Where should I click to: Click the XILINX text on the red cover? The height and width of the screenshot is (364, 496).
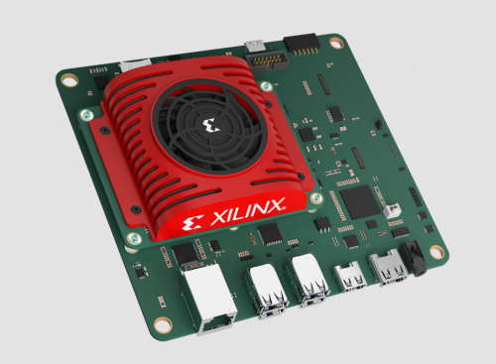click(247, 209)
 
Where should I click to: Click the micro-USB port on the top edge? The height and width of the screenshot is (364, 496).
click(257, 45)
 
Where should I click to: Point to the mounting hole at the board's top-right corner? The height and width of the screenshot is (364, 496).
click(337, 43)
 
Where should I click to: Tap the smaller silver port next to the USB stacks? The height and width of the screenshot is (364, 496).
click(349, 273)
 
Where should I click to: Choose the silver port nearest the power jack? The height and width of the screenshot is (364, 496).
click(385, 266)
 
